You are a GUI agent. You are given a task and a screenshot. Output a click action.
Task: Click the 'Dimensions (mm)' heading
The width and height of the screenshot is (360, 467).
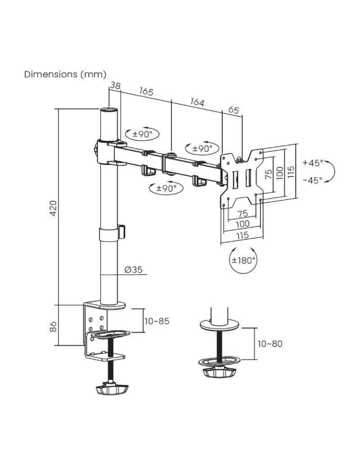pyautogui.click(x=65, y=74)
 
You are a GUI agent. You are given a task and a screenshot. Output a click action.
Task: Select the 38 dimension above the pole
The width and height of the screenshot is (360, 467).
pyautogui.click(x=115, y=86)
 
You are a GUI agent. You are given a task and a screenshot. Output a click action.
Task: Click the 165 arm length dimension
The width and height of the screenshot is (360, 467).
pyautogui.click(x=146, y=91)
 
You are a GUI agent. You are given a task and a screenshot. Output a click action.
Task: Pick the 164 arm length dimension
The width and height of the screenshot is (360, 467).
pyautogui.click(x=197, y=102)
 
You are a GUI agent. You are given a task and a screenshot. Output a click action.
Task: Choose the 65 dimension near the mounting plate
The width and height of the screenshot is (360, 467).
pyautogui.click(x=233, y=110)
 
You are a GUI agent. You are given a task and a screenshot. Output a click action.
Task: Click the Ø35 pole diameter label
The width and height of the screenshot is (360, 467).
pyautogui.click(x=134, y=269)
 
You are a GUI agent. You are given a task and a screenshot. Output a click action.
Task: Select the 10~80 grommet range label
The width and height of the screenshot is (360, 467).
pyautogui.click(x=270, y=344)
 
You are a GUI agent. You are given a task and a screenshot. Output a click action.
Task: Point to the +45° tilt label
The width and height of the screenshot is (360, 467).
pyautogui.click(x=312, y=163)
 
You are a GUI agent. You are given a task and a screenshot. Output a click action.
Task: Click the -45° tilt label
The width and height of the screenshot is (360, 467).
pyautogui.click(x=312, y=180)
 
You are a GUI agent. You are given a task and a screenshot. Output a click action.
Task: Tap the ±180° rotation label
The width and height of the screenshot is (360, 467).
pyautogui.click(x=244, y=260)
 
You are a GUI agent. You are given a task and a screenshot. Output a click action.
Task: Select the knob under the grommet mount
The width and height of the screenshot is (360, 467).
pyautogui.click(x=218, y=373)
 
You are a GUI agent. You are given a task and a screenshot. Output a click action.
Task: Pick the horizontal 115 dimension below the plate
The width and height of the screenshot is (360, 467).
pyautogui.click(x=242, y=236)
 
